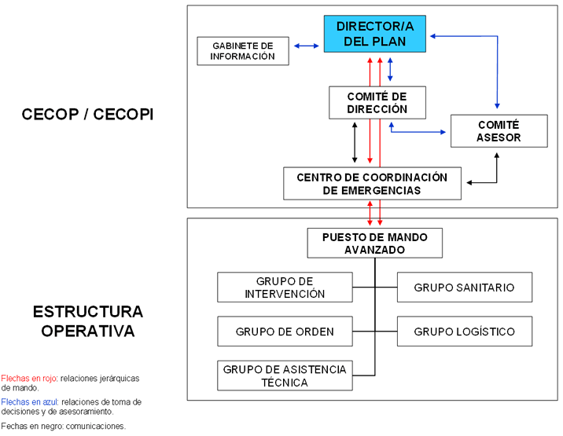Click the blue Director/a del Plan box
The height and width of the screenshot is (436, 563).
(x=374, y=34)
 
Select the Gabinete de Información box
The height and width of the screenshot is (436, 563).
(x=242, y=51)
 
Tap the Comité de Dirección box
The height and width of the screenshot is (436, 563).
(x=377, y=102)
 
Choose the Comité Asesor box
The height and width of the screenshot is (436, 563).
(x=498, y=131)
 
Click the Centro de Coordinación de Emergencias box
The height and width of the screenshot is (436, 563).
(x=372, y=183)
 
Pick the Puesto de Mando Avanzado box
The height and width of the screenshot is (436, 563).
(x=374, y=243)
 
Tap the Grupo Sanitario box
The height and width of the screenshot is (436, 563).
(x=464, y=288)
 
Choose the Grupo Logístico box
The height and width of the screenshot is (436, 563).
(x=464, y=332)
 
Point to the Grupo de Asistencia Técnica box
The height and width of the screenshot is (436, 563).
(x=284, y=376)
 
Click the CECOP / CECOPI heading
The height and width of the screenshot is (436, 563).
(x=87, y=114)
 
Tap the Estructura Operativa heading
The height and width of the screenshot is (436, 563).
(x=87, y=321)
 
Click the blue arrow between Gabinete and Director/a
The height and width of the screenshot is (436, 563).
(x=307, y=46)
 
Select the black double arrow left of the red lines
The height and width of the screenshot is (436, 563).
(x=355, y=142)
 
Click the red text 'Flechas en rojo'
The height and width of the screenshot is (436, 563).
(x=29, y=378)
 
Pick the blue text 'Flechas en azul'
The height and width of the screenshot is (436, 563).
(x=29, y=401)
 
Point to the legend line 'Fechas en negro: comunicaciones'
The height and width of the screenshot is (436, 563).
(x=64, y=426)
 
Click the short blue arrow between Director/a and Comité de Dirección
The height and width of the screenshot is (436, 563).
(x=391, y=68)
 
